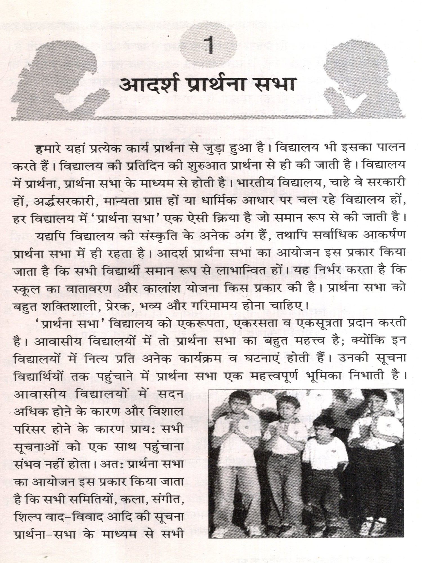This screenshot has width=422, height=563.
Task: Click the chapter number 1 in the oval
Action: coord(209,46)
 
